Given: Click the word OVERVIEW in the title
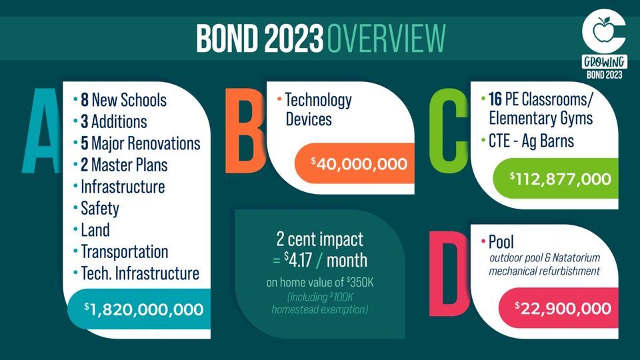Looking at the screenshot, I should (386, 39).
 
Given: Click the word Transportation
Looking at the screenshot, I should (125, 251).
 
